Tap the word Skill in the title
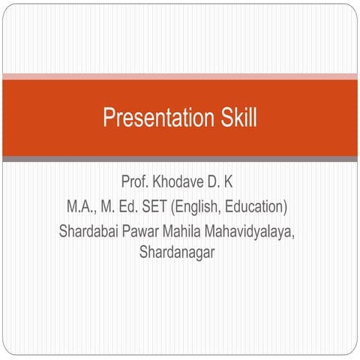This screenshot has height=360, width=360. (235, 118)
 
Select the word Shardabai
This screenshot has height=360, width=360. (92, 230)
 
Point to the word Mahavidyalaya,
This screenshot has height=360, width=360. (255, 230)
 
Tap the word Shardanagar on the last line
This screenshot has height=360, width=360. (177, 253)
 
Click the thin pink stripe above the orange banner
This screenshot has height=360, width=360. (180, 76)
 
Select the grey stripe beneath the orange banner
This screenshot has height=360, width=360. (180, 159)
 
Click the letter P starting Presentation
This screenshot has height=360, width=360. (108, 118)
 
